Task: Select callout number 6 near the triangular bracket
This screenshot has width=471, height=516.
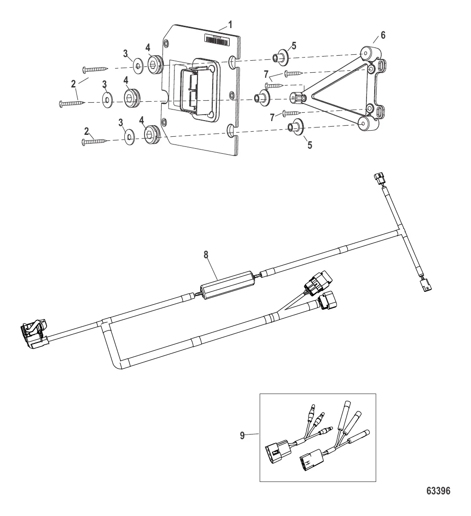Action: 384,35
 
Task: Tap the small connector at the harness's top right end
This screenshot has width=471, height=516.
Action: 378,179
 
